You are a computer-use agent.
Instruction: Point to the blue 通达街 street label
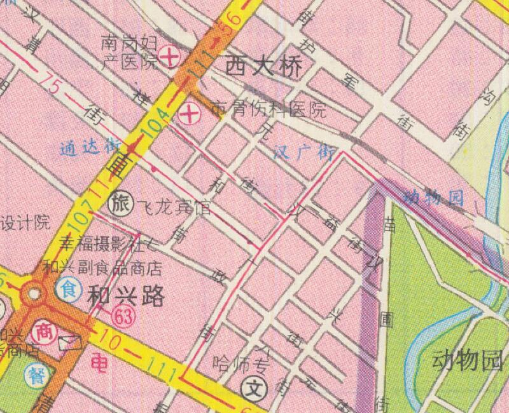click(x=90, y=147)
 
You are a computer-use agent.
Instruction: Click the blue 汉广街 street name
click(x=304, y=152)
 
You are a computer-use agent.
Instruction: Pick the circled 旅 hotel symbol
click(x=120, y=204)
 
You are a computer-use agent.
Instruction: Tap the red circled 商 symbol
click(x=43, y=330)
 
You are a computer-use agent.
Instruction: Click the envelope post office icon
click(x=71, y=344)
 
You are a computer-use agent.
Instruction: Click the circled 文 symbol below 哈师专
click(x=254, y=385)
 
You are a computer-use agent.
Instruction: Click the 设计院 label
click(x=24, y=223)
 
